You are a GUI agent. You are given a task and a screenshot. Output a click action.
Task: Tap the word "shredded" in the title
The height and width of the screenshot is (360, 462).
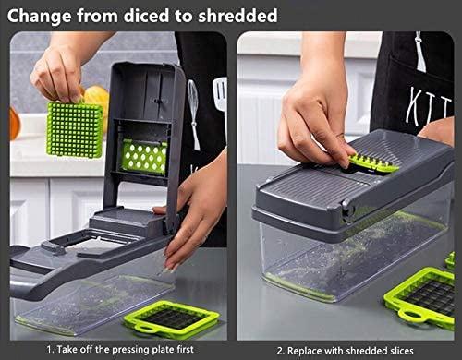click(237, 16)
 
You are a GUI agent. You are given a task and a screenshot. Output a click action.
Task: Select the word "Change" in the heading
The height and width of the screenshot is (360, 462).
click(39, 16)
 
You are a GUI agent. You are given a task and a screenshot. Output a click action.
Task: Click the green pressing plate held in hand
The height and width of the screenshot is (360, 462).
click(75, 130)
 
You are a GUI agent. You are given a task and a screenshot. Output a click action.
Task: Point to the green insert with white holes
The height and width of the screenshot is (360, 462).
click(144, 156)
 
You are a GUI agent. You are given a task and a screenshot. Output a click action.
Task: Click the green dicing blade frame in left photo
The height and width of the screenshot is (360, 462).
click(171, 320)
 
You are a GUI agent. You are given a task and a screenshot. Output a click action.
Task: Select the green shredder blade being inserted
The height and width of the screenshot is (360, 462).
click(373, 163)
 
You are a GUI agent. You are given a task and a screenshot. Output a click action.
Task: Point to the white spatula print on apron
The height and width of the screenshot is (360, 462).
click(221, 99)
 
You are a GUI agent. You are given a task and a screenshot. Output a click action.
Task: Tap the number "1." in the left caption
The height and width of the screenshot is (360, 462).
click(51, 350)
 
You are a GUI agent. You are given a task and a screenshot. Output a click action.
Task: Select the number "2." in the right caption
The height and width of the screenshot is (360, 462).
click(280, 351)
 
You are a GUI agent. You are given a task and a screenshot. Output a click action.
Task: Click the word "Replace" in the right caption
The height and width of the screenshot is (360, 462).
click(306, 351)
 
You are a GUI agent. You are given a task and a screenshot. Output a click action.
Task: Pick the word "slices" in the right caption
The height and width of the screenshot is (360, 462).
click(401, 351)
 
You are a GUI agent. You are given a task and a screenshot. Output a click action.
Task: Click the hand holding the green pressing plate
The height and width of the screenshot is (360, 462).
click(57, 73)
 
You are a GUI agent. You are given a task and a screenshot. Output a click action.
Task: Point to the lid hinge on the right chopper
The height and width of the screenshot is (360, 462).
click(347, 210)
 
